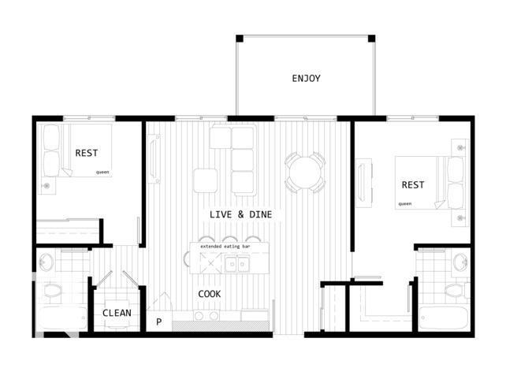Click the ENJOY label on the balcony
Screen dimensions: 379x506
click(x=306, y=78)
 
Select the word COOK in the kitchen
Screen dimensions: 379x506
click(x=209, y=294)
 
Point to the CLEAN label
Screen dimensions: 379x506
click(x=117, y=313)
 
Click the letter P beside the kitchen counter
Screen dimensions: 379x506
click(x=158, y=321)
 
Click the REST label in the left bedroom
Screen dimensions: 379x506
click(x=87, y=153)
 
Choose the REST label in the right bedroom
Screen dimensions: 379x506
click(x=413, y=185)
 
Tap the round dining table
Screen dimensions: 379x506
click(x=304, y=170)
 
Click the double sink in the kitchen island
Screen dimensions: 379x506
click(x=235, y=263)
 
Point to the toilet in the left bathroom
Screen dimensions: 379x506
click(x=52, y=292)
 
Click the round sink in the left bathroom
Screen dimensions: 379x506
click(x=47, y=262)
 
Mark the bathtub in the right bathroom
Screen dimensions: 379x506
click(x=443, y=318)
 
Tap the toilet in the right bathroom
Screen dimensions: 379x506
click(x=454, y=291)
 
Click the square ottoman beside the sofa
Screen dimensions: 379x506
click(x=205, y=180)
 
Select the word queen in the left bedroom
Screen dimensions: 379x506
click(x=102, y=171)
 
